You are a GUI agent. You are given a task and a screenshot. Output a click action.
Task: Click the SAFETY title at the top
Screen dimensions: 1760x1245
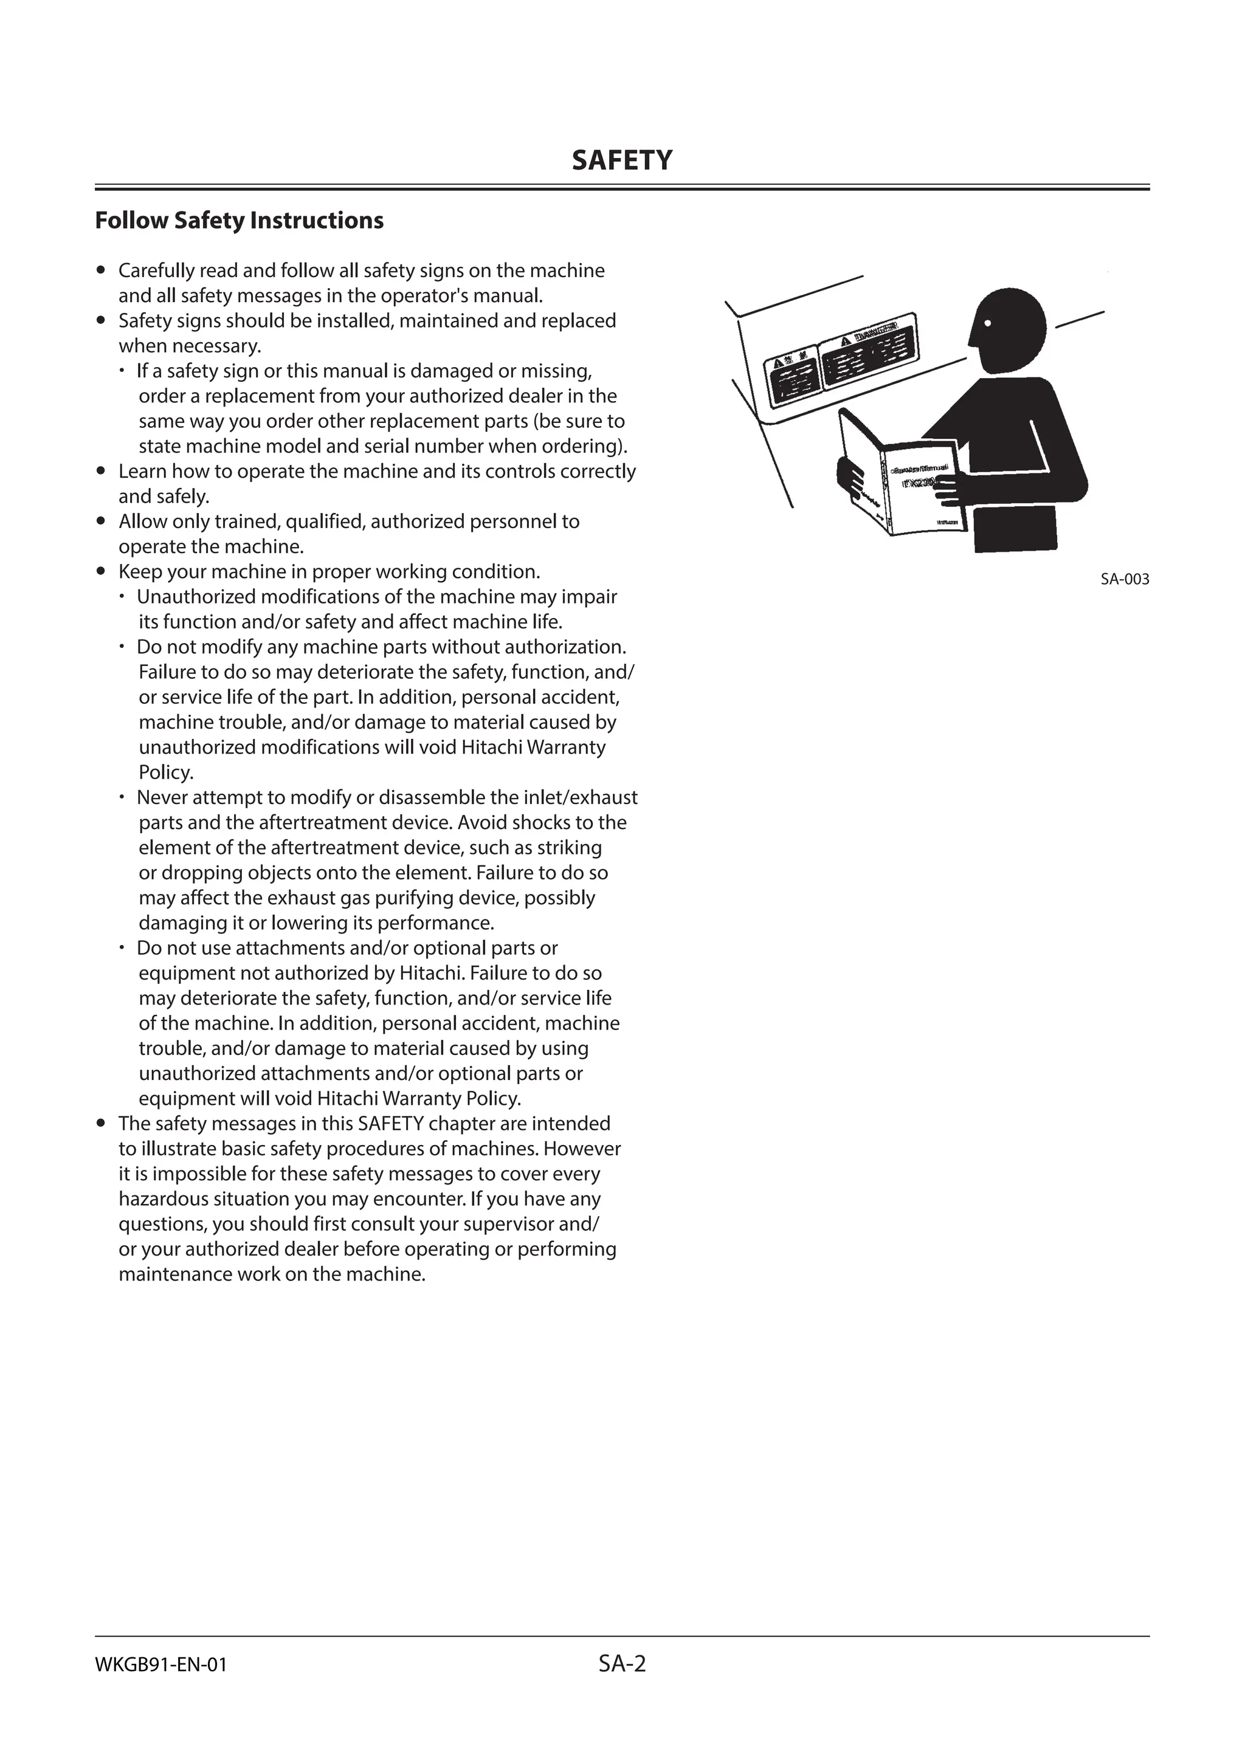click(622, 160)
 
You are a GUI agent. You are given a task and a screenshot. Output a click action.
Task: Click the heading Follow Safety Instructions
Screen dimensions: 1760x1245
click(239, 221)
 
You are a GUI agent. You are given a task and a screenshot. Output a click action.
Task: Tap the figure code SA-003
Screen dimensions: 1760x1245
click(1125, 580)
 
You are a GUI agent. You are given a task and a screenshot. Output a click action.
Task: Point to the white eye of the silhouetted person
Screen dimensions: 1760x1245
click(988, 322)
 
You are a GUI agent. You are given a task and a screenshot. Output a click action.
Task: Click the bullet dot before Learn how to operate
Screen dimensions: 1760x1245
click(100, 472)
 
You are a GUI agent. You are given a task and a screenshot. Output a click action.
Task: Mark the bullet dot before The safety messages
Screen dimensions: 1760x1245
click(100, 1124)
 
